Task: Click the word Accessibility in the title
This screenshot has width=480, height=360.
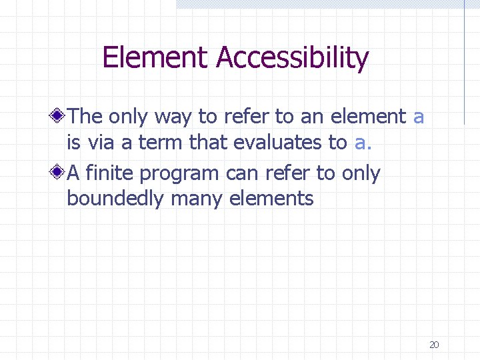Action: coord(292,59)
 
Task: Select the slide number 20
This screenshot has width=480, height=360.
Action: coord(434,345)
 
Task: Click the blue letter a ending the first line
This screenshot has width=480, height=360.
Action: coord(419,117)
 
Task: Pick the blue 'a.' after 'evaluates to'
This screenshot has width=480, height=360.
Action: coord(363,143)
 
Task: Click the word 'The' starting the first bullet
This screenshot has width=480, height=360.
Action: coord(85,117)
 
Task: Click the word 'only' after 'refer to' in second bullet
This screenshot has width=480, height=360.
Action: coord(361,174)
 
